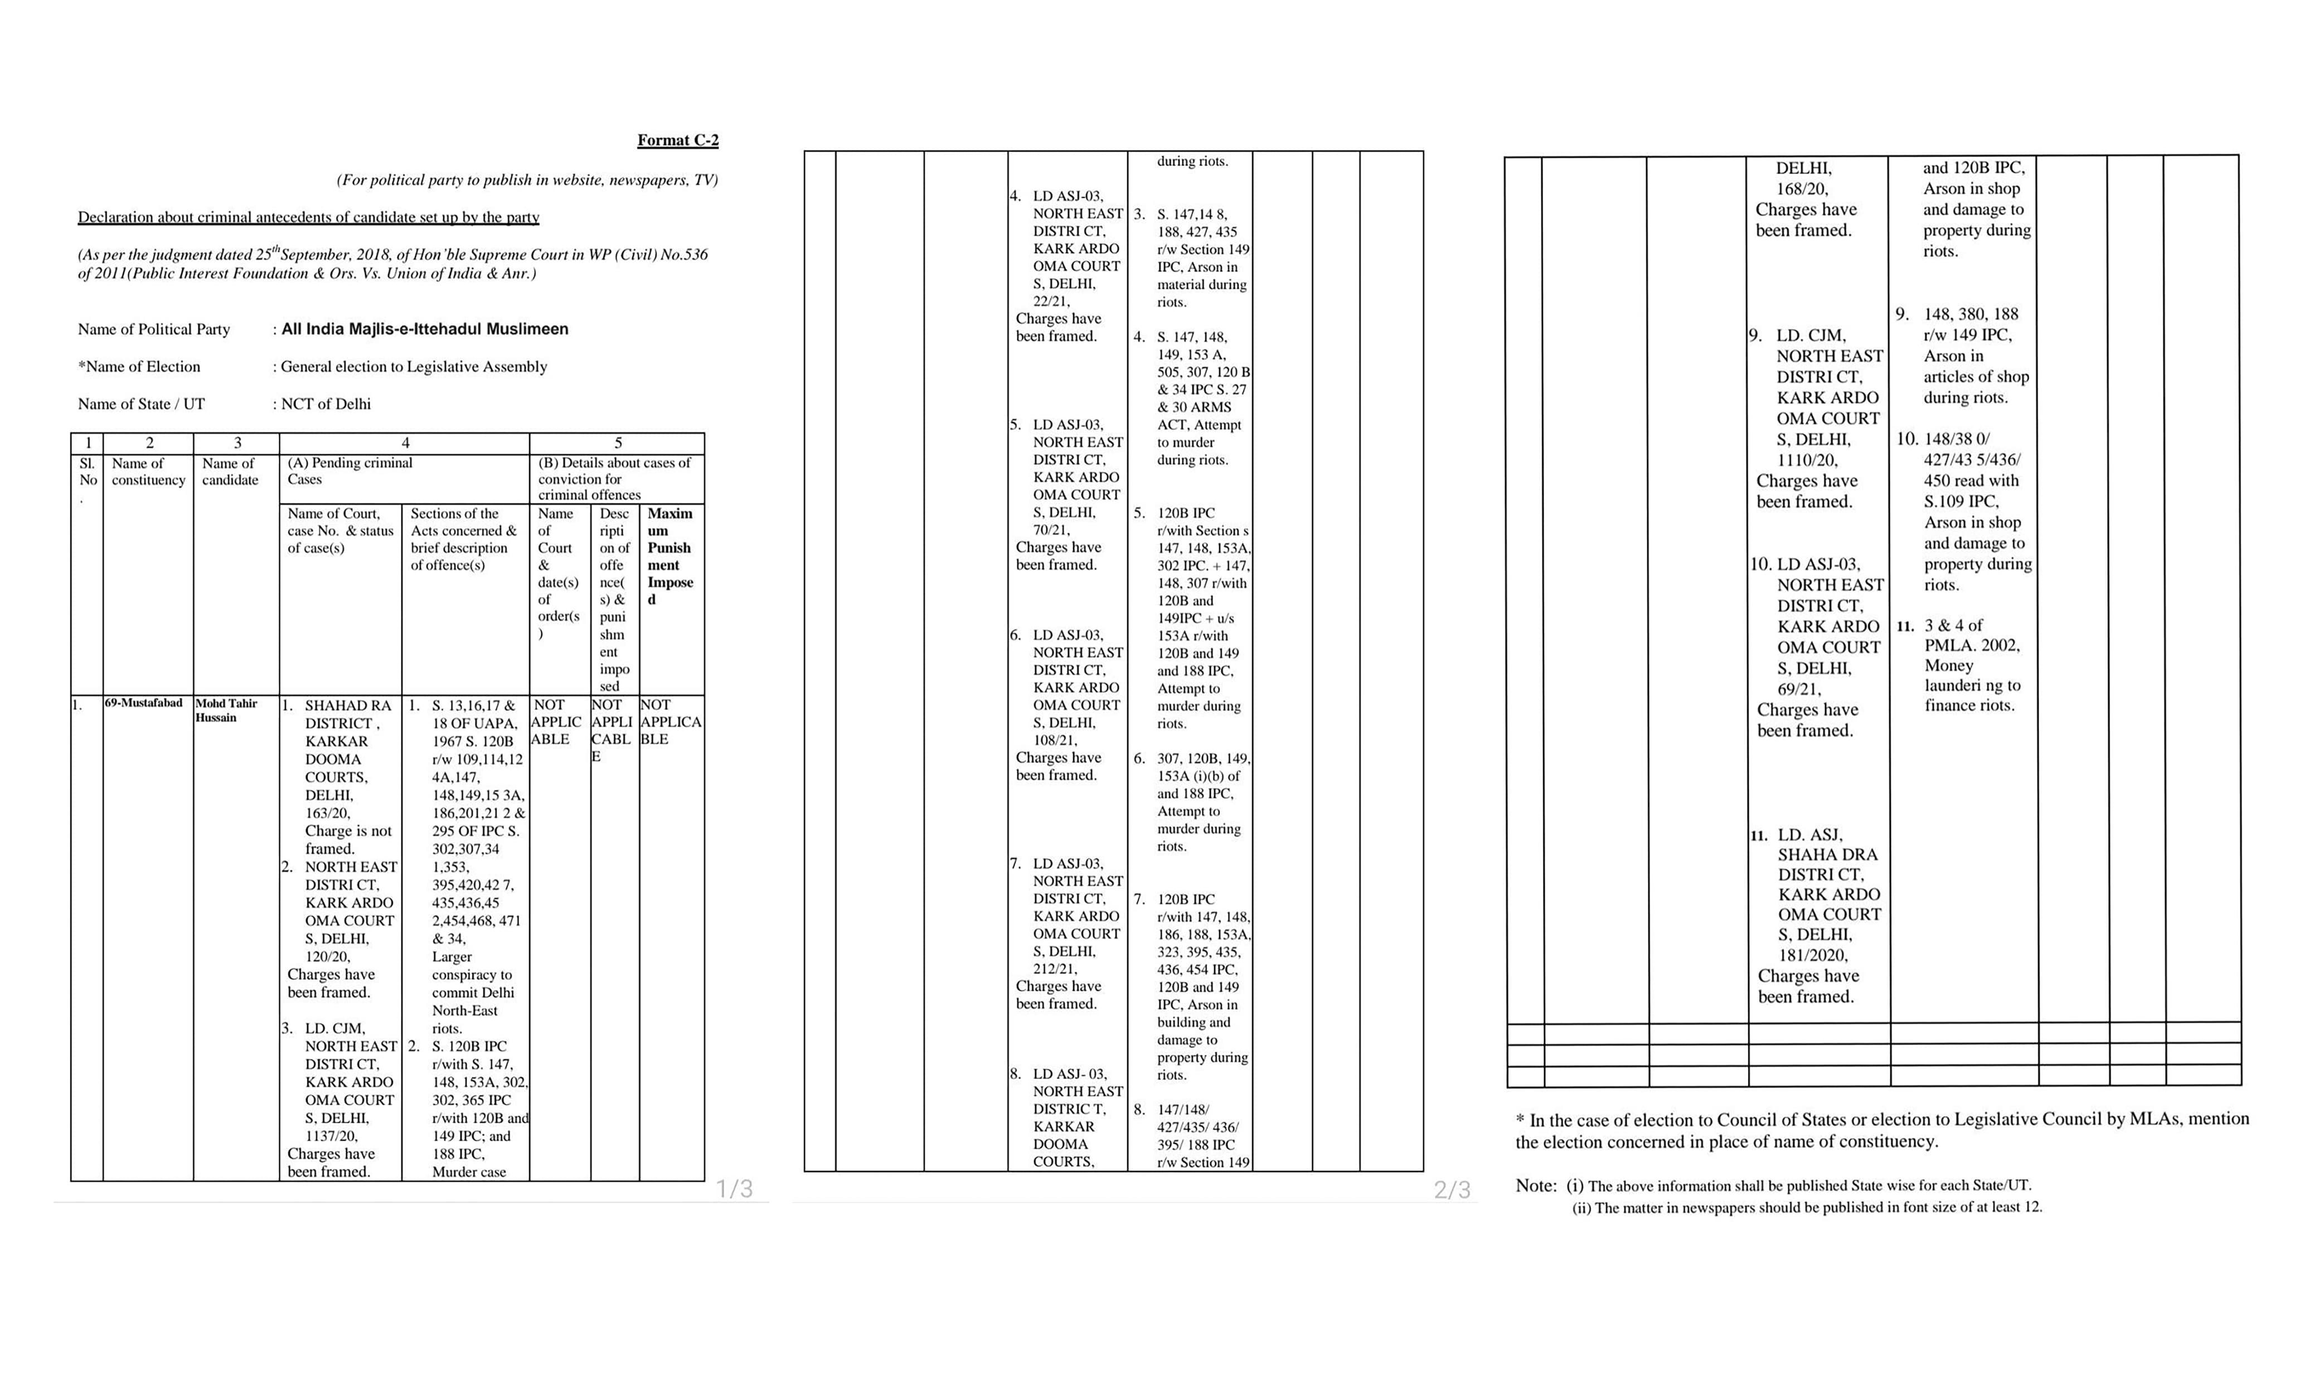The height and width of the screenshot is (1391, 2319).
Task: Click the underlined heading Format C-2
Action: pyautogui.click(x=678, y=140)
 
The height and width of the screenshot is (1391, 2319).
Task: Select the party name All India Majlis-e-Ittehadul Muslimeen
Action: pyautogui.click(x=425, y=329)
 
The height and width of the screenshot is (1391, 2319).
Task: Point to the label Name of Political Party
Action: pyautogui.click(x=154, y=329)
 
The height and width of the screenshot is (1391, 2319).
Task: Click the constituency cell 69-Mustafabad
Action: pyautogui.click(x=143, y=703)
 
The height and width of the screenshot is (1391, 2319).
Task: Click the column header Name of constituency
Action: pyautogui.click(x=148, y=471)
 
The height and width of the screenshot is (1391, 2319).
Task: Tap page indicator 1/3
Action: pyautogui.click(x=734, y=1189)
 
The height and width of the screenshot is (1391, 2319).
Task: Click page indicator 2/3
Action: pyautogui.click(x=1452, y=1189)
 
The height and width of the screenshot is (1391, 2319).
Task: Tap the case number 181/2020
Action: pyautogui.click(x=1813, y=955)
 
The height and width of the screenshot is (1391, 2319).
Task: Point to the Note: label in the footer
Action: pyautogui.click(x=1535, y=1186)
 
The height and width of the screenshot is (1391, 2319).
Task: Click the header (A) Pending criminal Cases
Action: pyautogui.click(x=350, y=470)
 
